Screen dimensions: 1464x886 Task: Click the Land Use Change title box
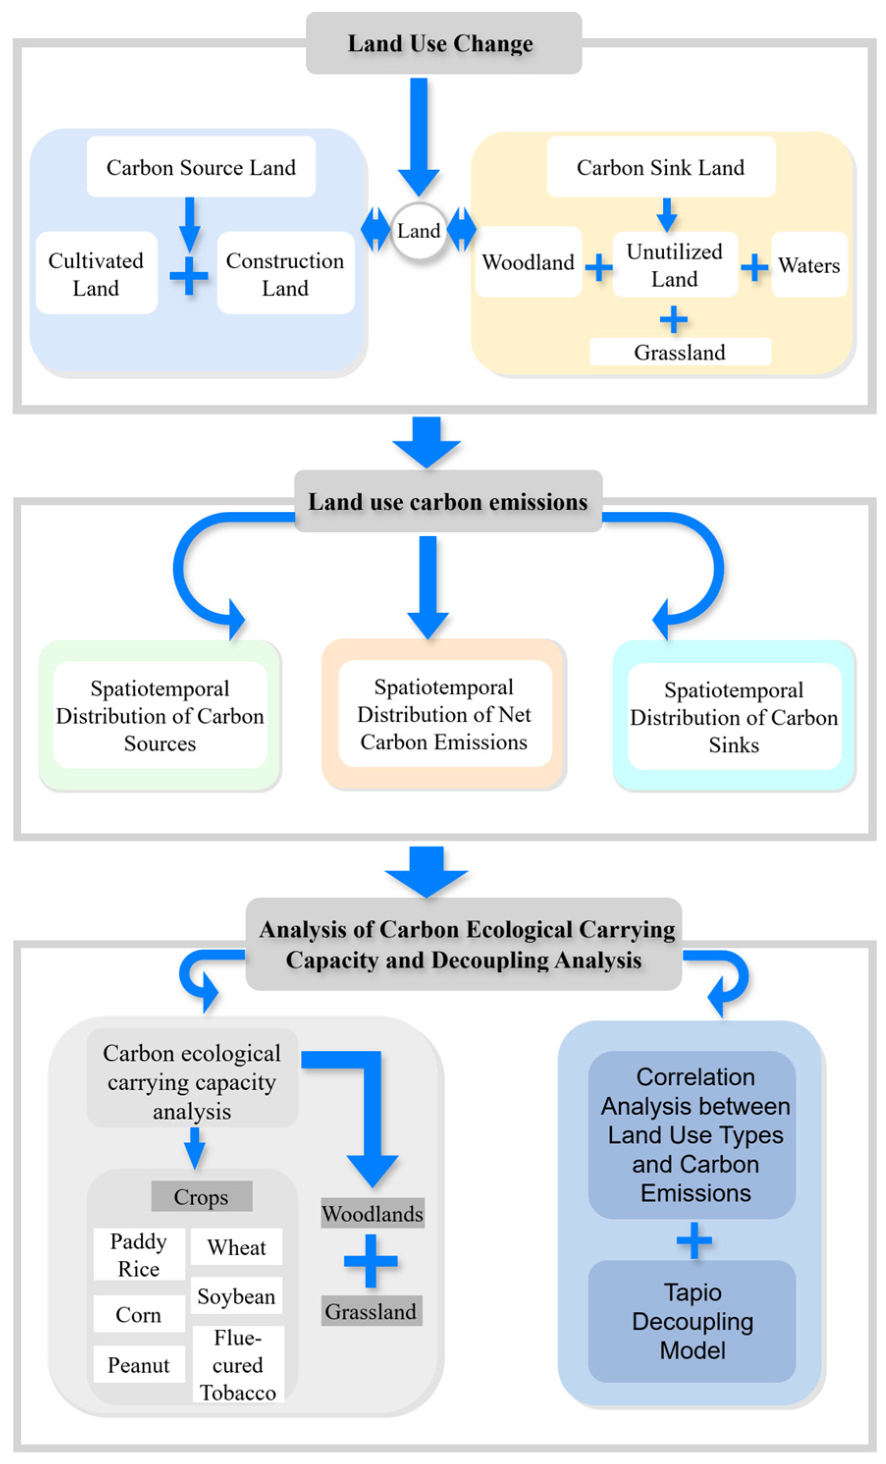[443, 43]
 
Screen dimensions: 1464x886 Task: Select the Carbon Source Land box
[201, 167]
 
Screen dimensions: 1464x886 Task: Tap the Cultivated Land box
[96, 274]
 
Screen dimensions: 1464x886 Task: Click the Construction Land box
[285, 274]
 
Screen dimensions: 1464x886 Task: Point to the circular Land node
[418, 231]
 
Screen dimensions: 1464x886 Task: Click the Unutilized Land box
[675, 265]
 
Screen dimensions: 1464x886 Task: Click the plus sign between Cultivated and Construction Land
[189, 276]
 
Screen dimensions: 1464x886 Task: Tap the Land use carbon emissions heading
[447, 502]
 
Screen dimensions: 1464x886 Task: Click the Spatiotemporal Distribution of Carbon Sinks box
[733, 717]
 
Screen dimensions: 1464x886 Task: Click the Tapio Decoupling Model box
[692, 1322]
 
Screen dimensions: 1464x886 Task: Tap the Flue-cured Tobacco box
[238, 1365]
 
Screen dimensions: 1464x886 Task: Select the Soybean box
[236, 1296]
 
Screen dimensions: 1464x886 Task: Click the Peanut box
[138, 1365]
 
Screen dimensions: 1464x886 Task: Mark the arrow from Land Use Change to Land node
[419, 137]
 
